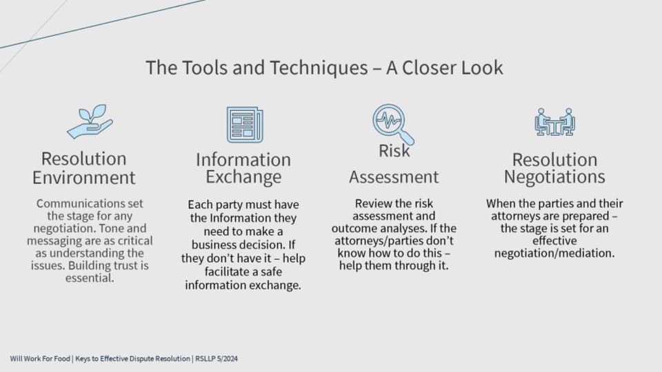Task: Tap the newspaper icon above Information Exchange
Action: tap(245, 125)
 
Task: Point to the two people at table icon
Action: tap(554, 122)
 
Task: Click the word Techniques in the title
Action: tap(319, 68)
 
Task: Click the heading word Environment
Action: tap(83, 178)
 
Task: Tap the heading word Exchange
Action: tap(243, 177)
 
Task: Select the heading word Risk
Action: tap(394, 151)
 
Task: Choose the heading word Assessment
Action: tap(394, 177)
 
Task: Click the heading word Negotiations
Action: tap(554, 177)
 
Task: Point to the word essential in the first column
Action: tap(90, 278)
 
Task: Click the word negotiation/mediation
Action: tap(554, 253)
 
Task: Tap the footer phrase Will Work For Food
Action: tap(40, 359)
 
